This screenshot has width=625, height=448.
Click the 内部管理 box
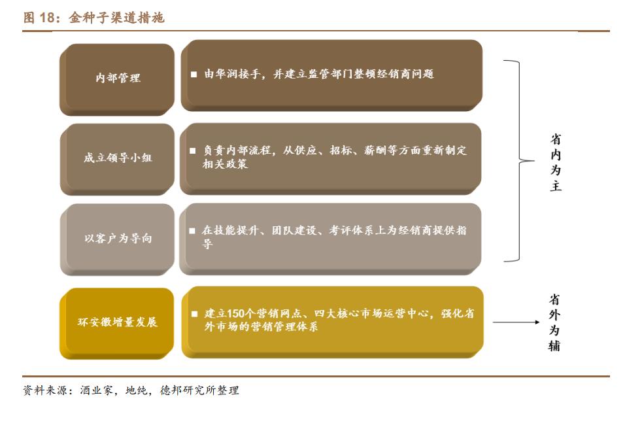(118, 78)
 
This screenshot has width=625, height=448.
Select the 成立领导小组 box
(118, 158)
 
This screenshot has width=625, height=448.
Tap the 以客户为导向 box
(118, 238)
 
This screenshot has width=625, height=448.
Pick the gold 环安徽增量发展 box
(118, 322)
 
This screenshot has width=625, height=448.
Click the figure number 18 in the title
(48, 18)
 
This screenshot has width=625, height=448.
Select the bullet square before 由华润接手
(194, 75)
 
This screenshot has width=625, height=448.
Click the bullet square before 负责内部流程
(193, 151)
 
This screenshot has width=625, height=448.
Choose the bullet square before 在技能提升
(192, 231)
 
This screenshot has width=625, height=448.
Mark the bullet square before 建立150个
(194, 314)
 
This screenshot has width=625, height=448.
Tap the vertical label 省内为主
(555, 162)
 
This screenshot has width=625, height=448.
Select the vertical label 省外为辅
(554, 322)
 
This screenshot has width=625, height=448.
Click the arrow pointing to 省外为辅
(516, 322)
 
